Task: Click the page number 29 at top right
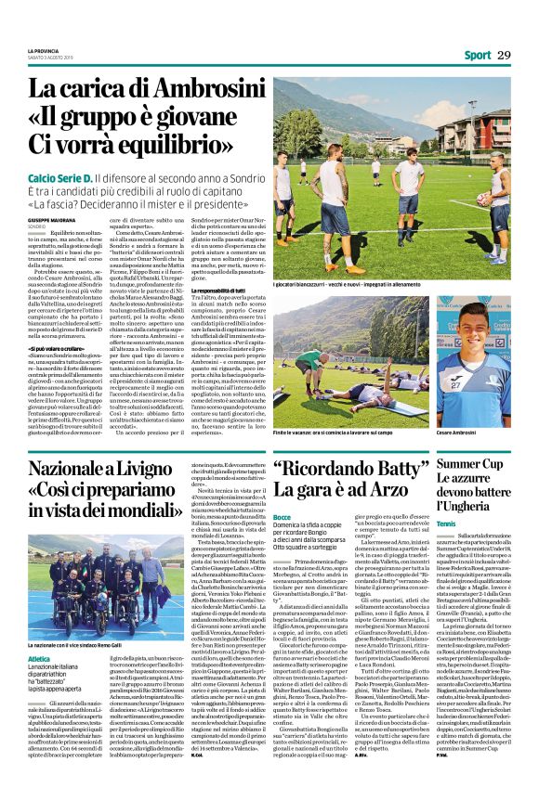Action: click(504, 56)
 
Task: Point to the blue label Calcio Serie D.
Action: click(60, 175)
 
